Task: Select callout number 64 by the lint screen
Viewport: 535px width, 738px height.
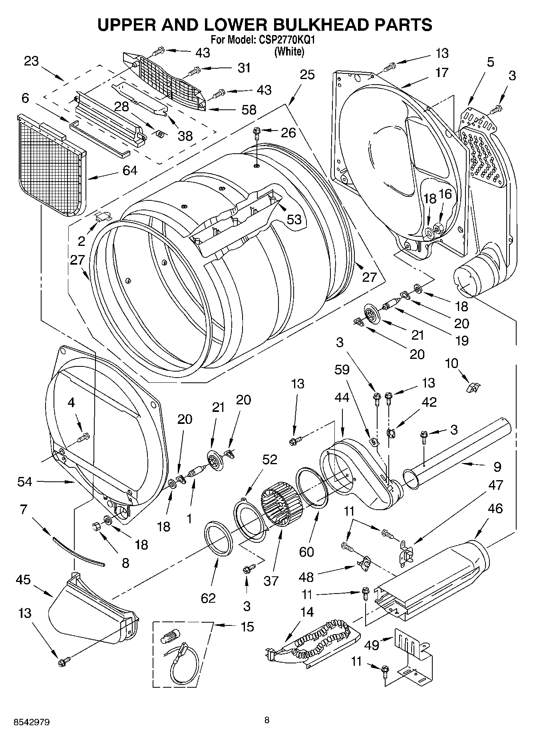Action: click(x=130, y=170)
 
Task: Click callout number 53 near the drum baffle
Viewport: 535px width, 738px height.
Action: click(x=294, y=219)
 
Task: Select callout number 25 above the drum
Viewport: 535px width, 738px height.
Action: click(x=307, y=75)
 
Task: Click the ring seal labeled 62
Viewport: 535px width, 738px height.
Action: click(x=219, y=538)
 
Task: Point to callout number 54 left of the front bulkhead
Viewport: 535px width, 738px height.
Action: click(x=25, y=482)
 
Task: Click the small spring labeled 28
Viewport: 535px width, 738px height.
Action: click(x=159, y=134)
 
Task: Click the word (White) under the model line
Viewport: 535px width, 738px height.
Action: click(x=289, y=51)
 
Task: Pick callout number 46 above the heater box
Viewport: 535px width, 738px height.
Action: click(x=495, y=508)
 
